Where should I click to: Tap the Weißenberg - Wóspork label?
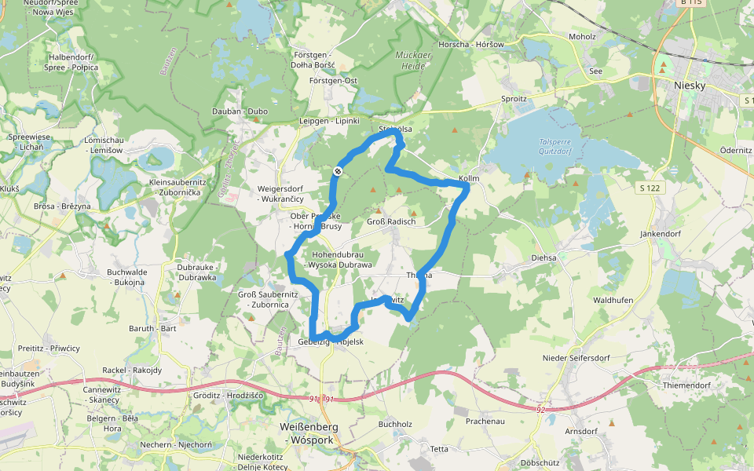[x=308, y=433]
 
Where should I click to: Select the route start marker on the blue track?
[x=338, y=171]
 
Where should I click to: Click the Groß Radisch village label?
[x=390, y=222]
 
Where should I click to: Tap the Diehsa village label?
[x=544, y=257]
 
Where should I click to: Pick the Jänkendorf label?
[x=660, y=234]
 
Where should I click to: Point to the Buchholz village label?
[x=395, y=424]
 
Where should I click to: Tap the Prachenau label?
[x=485, y=422]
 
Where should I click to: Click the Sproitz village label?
[x=514, y=100]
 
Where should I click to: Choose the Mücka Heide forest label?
[x=412, y=61]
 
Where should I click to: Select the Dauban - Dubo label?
[x=240, y=111]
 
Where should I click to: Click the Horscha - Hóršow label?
[x=471, y=45]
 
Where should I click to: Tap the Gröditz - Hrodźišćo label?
[x=229, y=396]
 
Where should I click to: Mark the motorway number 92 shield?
[x=541, y=409]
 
